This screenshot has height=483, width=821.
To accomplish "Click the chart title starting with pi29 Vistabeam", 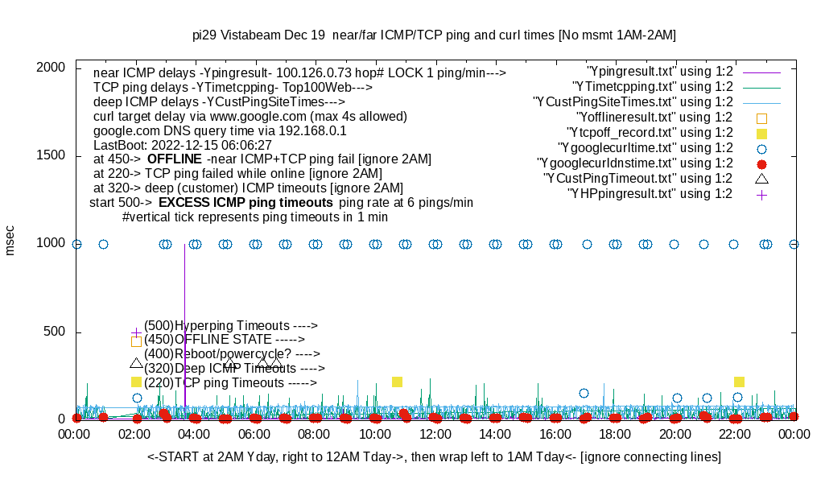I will tap(434, 35).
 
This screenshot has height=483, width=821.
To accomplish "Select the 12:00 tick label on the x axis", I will tap(435, 434).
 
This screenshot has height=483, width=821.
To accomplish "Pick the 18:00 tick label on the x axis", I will tap(615, 434).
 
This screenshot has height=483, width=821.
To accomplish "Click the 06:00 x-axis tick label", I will tap(254, 434).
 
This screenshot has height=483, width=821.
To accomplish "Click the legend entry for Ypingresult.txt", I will tap(660, 72).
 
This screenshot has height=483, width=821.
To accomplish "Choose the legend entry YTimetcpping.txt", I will tap(652, 87).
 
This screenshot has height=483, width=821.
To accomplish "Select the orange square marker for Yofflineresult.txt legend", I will tap(761, 118).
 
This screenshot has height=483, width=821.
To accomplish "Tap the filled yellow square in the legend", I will tap(761, 133).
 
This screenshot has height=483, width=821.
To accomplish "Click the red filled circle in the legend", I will tap(761, 163).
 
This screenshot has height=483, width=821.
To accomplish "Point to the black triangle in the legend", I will tap(761, 178).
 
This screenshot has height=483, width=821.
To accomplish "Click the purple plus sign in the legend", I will tap(761, 194).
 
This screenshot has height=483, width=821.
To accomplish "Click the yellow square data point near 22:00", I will tap(739, 382).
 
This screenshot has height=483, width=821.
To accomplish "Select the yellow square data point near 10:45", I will tap(397, 382).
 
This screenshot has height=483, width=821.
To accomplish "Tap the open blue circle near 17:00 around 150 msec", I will tap(584, 393).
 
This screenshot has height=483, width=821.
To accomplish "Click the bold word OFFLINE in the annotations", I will tap(174, 159).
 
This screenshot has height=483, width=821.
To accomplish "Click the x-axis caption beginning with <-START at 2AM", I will tap(434, 456).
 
